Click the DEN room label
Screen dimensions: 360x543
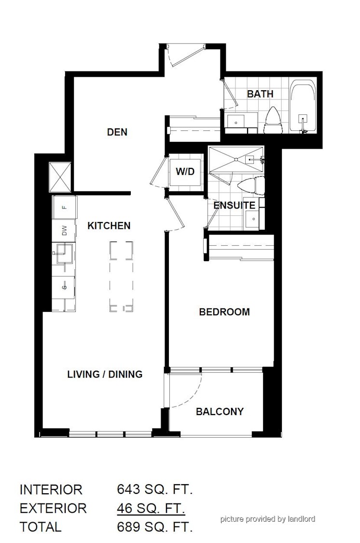(117, 132)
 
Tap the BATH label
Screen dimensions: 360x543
(260, 94)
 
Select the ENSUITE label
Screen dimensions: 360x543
(235, 205)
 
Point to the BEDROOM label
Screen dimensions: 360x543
(224, 312)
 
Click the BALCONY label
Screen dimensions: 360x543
(220, 411)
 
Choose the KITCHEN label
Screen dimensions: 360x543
(109, 226)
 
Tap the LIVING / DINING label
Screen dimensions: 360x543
(105, 374)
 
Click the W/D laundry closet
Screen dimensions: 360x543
(185, 172)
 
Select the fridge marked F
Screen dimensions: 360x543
(64, 207)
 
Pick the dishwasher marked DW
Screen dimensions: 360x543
(64, 230)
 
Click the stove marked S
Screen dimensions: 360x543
(63, 287)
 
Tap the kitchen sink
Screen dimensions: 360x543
(63, 253)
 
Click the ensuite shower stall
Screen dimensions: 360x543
(236, 159)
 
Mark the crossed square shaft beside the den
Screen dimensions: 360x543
(60, 177)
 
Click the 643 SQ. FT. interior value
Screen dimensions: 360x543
(155, 489)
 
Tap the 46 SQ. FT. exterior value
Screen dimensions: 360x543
(151, 508)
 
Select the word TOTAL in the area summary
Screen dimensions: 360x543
(41, 527)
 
